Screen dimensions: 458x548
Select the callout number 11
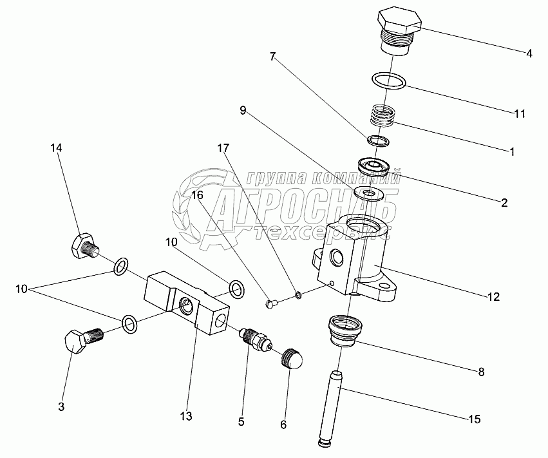[x=520, y=114]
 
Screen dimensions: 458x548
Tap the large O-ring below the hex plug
[x=389, y=81]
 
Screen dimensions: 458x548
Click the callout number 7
[x=273, y=57]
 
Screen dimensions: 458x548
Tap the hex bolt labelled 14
[x=82, y=245]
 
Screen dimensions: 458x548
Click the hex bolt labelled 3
[x=80, y=339]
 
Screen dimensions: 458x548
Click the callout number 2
[x=504, y=202]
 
